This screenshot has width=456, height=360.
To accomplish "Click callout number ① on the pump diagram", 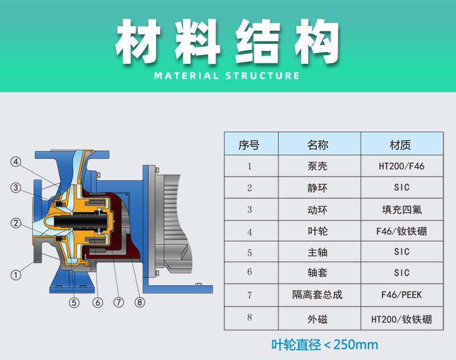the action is click(16, 275).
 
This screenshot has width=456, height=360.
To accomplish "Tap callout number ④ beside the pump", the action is click(16, 162).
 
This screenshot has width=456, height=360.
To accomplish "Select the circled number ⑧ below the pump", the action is click(140, 302).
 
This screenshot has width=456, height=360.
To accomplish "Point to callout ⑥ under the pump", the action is click(97, 302).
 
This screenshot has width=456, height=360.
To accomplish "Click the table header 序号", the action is click(249, 145).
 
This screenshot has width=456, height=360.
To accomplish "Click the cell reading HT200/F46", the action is click(401, 166).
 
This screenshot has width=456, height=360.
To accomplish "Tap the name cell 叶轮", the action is click(317, 231).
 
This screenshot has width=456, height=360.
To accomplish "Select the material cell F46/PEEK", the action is click(401, 295).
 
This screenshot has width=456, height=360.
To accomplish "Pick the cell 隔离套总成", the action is click(317, 294).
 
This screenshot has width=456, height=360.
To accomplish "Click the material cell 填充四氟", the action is click(402, 210).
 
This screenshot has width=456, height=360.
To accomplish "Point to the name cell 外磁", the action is click(317, 319).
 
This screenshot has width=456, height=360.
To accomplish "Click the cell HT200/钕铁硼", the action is click(401, 320).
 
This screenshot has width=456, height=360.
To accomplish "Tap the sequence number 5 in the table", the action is click(250, 253).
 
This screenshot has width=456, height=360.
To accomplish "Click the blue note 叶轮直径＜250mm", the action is click(324, 345).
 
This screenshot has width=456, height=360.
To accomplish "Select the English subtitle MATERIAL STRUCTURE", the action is click(227, 76).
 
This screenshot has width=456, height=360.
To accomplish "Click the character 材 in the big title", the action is click(138, 41).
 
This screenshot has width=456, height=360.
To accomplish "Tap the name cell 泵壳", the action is click(317, 166).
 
